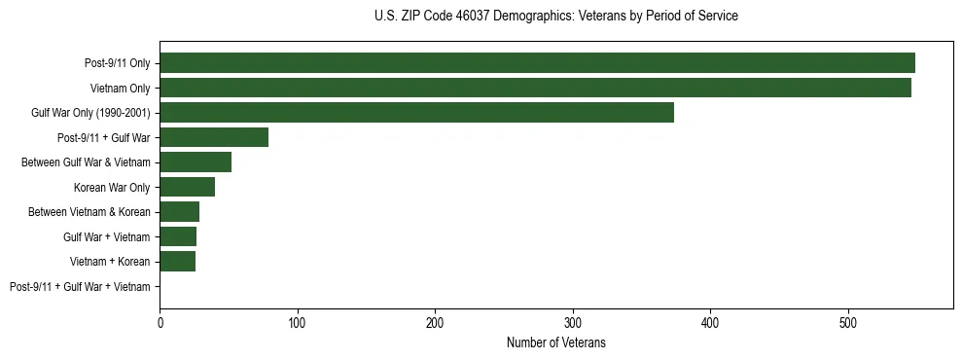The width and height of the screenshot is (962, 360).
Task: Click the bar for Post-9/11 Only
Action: tap(537, 63)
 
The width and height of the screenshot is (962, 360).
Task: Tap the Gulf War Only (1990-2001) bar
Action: tap(416, 113)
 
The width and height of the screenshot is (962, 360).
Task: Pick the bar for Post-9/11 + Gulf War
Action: tap(214, 137)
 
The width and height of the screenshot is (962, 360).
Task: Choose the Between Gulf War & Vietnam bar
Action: tap(196, 162)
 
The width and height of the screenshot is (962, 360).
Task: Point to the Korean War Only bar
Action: tap(187, 187)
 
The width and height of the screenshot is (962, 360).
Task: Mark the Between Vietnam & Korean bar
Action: tap(179, 212)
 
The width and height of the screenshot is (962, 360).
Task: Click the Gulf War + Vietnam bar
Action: tap(178, 236)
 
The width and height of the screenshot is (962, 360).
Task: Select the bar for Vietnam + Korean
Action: tap(177, 262)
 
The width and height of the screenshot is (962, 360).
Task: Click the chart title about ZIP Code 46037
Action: tap(555, 17)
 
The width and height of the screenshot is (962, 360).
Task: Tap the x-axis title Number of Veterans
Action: tap(555, 342)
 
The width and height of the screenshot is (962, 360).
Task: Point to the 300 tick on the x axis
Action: tap(573, 321)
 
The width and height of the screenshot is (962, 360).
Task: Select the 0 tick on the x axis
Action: tap(160, 321)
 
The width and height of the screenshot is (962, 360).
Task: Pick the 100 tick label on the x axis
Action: tap(298, 321)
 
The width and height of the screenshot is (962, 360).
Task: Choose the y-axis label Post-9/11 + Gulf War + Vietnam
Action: tap(80, 287)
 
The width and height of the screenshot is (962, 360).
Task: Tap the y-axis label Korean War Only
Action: tap(112, 188)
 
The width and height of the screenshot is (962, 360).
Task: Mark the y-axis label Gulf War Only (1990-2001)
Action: tap(90, 113)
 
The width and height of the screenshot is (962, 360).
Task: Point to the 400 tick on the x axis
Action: tap(711, 321)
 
